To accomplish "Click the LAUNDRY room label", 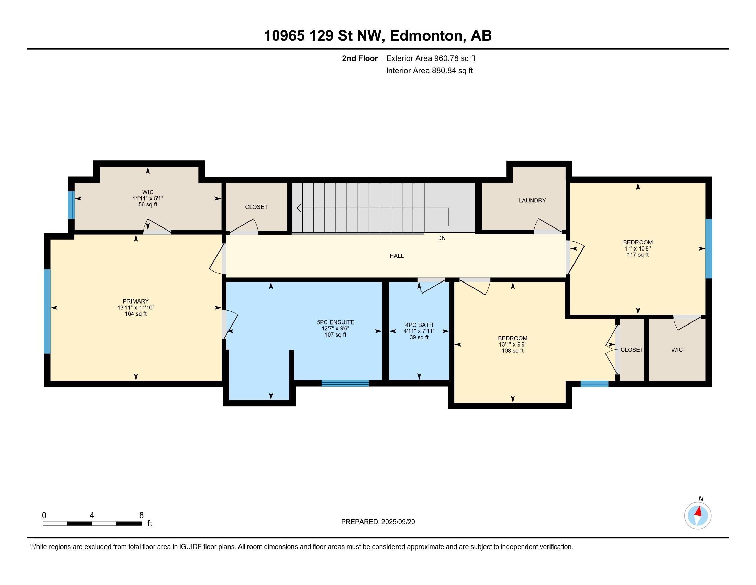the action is point(532,200).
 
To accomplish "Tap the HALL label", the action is point(397,256).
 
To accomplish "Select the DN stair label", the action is point(441,238).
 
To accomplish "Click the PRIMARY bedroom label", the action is point(136,301).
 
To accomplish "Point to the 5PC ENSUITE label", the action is point(335,322).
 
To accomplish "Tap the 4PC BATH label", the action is point(419,325).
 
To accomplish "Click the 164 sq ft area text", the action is point(136,314).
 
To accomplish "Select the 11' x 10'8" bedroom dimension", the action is point(637,248).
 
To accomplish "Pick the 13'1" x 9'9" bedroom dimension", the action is point(513,344).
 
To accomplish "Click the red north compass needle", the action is point(699,511).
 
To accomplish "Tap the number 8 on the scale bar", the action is point(141,515).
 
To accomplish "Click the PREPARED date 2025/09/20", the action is point(398,522).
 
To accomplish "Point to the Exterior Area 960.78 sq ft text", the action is point(431,58).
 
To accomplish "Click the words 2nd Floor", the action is point(360,58).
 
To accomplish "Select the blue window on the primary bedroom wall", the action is point(47,311).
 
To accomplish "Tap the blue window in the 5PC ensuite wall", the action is point(345,383).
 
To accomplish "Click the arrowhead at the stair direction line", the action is point(299,208).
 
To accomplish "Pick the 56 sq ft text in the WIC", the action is point(148,204).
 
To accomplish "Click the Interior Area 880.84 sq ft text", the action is point(430,71).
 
